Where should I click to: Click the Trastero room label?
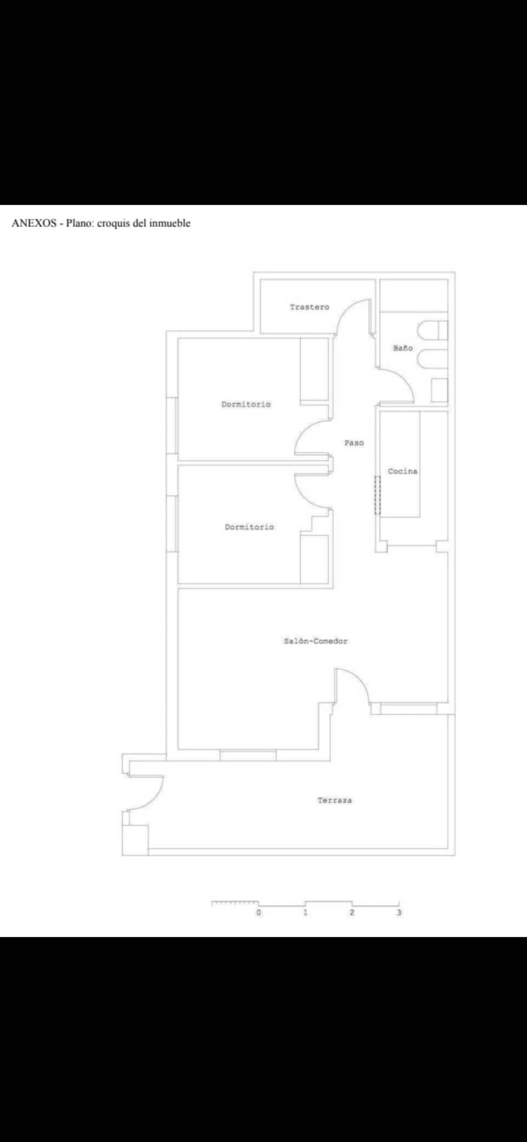pyautogui.click(x=309, y=307)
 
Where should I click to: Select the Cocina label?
pyautogui.click(x=402, y=471)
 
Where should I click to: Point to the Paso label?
pyautogui.click(x=354, y=442)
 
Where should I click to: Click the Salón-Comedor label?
pyautogui.click(x=315, y=641)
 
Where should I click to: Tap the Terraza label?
pyautogui.click(x=335, y=800)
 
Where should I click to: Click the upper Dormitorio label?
pyautogui.click(x=246, y=404)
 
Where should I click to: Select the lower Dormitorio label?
pyautogui.click(x=250, y=527)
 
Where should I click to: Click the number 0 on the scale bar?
pyautogui.click(x=259, y=912)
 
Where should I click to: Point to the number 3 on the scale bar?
pyautogui.click(x=399, y=912)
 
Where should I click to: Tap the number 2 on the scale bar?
pyautogui.click(x=352, y=912)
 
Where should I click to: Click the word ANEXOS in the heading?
pyautogui.click(x=34, y=223)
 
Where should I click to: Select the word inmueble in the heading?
pyautogui.click(x=170, y=223)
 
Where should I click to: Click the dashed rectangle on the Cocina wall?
pyautogui.click(x=378, y=495)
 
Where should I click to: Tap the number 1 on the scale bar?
pyautogui.click(x=305, y=912)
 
